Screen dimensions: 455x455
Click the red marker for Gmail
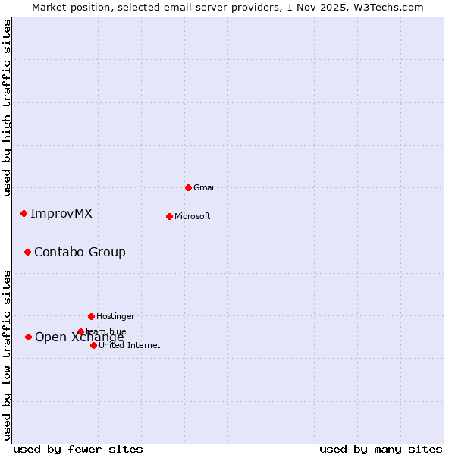tap(188, 187)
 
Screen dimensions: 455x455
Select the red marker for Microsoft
tap(169, 216)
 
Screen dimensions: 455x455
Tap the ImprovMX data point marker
tap(24, 213)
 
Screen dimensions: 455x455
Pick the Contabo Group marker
tap(27, 252)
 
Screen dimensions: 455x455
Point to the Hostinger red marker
tap(91, 316)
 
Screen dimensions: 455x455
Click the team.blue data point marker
tap(80, 331)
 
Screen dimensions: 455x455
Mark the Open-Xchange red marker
tap(28, 337)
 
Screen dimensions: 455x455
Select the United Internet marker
tap(93, 345)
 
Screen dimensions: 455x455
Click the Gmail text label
tap(205, 187)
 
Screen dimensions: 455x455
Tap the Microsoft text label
tap(193, 216)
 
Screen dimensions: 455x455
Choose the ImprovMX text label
tap(61, 213)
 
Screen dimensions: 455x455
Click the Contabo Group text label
tap(80, 252)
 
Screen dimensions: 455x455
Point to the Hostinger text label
tap(115, 316)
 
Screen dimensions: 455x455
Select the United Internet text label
tap(130, 345)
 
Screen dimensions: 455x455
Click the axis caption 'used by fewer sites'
tap(78, 449)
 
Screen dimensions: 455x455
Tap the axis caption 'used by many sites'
tap(381, 449)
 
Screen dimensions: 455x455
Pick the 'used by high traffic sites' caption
tap(8, 108)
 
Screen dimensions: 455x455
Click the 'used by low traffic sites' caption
tap(8, 354)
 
